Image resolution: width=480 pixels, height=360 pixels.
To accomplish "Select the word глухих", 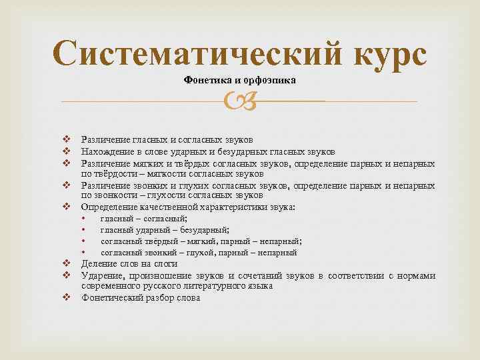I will point(174,185).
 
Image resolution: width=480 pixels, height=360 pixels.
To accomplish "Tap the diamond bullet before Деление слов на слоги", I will point(67,264).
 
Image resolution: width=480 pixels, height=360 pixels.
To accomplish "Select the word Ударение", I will point(102,275).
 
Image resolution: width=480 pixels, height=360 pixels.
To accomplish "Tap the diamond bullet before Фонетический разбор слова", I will point(67,297).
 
